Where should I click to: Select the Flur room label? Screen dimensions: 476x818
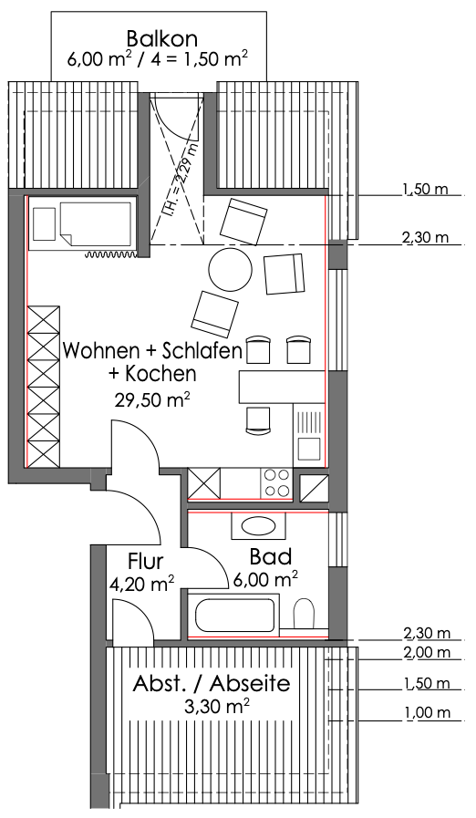click(x=146, y=562)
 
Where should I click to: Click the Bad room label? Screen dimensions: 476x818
click(x=270, y=556)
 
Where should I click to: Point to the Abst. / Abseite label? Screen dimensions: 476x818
click(x=212, y=683)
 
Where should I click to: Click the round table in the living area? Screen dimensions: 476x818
click(x=230, y=270)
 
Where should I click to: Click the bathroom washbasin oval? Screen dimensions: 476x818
click(x=259, y=526)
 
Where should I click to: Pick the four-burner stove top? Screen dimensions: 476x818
click(x=276, y=483)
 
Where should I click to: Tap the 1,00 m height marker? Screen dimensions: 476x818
click(x=427, y=712)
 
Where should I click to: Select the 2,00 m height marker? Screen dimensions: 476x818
click(x=427, y=652)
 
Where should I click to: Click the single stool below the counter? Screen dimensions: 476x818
click(x=259, y=420)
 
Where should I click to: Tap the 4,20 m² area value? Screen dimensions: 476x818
click(x=142, y=584)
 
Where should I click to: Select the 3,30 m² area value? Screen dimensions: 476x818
click(x=217, y=707)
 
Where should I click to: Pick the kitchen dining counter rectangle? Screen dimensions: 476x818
click(x=282, y=387)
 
